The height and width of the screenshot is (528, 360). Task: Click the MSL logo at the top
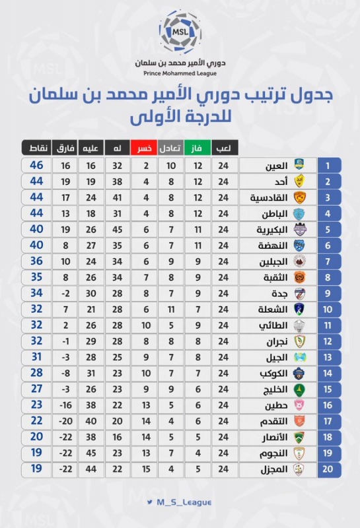point(180,32)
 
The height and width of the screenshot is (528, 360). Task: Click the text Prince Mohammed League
point(180,73)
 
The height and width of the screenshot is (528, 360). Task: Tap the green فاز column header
point(198,148)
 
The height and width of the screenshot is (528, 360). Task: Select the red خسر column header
point(144,148)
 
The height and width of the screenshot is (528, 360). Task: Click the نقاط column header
point(36,148)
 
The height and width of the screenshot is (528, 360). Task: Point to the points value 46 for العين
point(36,166)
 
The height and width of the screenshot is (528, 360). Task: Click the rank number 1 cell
point(329,166)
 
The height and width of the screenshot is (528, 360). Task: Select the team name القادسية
point(269,197)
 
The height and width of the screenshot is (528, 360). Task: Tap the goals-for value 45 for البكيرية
point(118,230)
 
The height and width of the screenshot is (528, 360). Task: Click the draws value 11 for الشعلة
point(171,310)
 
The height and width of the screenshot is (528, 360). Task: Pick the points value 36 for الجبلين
point(36,261)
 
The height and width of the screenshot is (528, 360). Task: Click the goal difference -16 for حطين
point(65,405)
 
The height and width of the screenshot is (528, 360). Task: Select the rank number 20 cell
point(329,469)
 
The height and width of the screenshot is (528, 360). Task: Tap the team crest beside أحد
point(299,181)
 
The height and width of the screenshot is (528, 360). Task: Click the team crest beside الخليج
point(299,389)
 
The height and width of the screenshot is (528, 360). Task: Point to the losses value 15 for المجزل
point(146,469)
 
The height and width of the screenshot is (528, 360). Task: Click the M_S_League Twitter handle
point(184,502)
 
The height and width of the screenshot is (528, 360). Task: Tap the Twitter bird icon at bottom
point(150,502)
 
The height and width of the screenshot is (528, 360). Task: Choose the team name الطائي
point(273,325)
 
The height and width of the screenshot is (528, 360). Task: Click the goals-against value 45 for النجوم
point(91,453)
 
